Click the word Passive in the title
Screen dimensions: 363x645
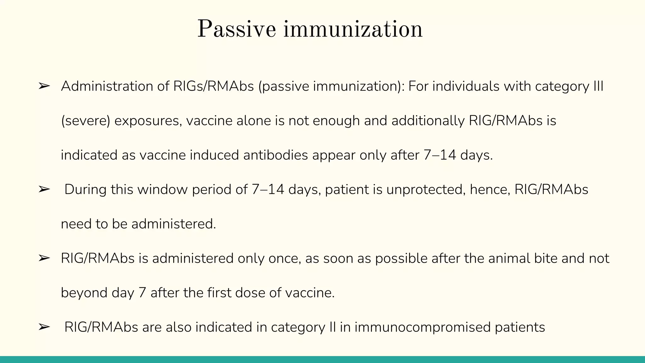pos(237,29)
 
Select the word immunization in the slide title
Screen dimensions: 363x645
pos(353,29)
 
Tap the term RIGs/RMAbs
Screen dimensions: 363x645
pos(214,86)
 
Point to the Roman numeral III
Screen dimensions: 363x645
pos(598,86)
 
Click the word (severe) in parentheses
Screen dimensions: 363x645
pos(85,121)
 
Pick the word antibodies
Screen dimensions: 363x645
pos(276,155)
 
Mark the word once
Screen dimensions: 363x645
pos(284,258)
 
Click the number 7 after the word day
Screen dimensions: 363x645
pos(142,293)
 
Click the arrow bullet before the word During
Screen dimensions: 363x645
pos(44,189)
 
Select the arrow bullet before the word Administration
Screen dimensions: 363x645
pos(44,86)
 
